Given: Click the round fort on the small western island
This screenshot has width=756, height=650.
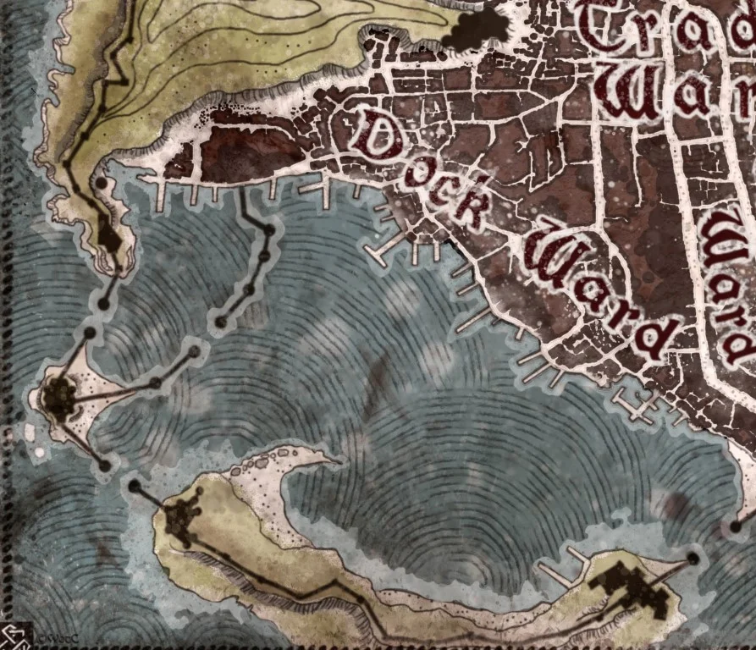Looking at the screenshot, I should point(59,395).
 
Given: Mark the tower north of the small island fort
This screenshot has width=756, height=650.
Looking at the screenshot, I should point(89,333).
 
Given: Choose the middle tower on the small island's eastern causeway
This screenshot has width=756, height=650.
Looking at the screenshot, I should point(155,383).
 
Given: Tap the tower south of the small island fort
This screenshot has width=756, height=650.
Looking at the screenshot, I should point(104,465).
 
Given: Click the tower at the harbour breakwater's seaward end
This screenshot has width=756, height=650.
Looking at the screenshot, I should point(221,322).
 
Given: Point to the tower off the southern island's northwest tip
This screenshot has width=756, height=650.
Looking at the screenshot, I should point(134,486).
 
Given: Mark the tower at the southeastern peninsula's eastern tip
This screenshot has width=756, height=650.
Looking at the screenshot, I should point(693,558).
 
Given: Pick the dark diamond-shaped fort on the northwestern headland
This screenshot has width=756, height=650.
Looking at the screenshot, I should point(108,238).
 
